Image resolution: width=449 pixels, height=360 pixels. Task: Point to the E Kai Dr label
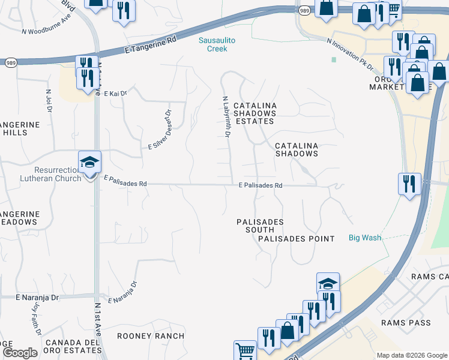tap(115, 94)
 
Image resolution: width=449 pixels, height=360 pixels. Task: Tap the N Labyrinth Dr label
tap(226, 117)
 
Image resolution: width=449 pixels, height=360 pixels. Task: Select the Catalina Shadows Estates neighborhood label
tap(255, 113)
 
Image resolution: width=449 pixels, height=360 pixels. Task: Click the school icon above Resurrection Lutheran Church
tap(90, 163)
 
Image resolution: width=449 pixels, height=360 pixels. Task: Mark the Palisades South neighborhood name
tap(260, 226)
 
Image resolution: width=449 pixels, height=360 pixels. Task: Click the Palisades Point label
tap(296, 239)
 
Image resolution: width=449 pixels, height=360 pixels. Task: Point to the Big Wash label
tap(365, 238)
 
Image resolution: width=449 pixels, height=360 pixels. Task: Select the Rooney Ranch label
tap(151, 336)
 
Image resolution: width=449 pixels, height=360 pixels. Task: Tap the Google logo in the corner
tap(20, 352)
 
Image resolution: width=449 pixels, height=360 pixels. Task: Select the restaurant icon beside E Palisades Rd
tap(409, 184)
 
